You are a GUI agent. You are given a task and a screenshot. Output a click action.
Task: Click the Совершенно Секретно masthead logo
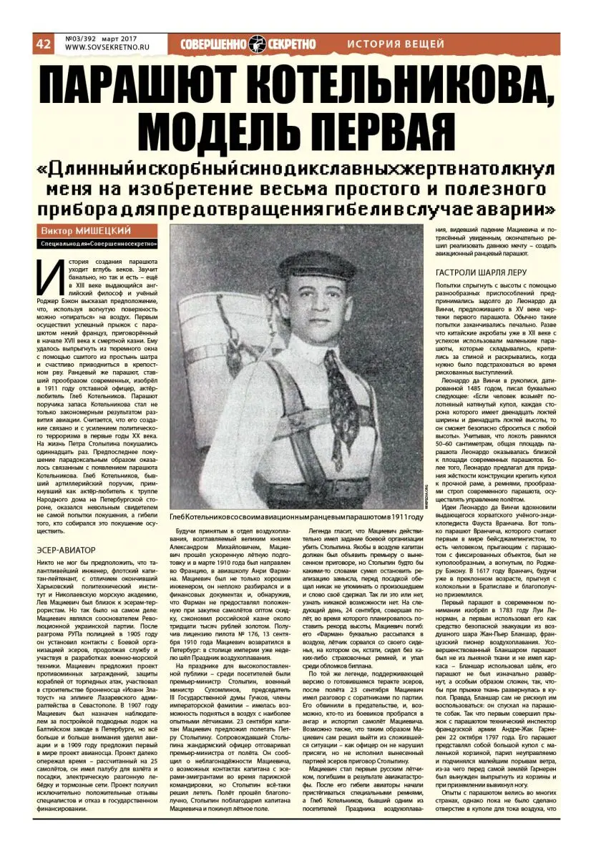(248, 44)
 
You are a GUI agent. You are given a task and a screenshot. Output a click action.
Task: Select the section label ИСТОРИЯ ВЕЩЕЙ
(396, 44)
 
